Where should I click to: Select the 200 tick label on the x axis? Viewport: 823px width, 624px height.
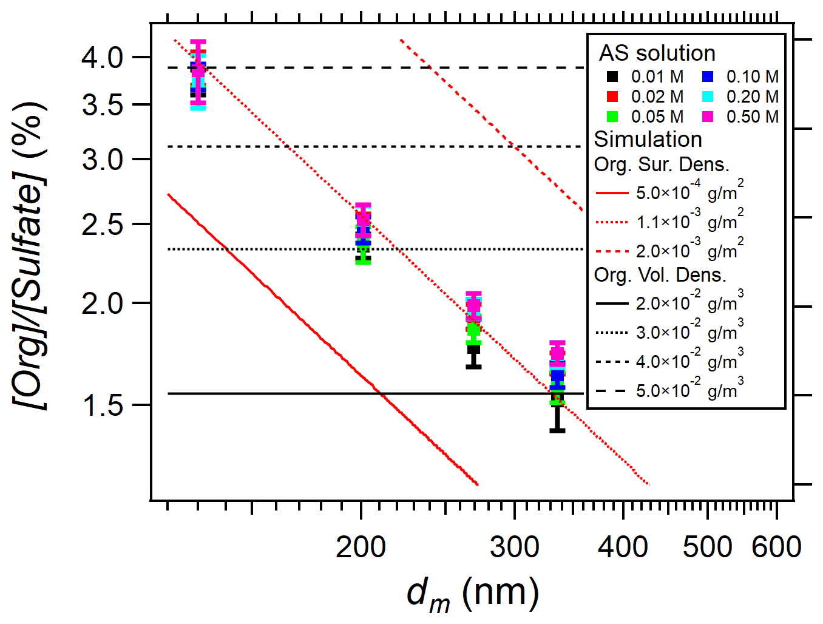(x=361, y=548)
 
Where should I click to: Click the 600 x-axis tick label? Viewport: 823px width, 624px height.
(x=776, y=548)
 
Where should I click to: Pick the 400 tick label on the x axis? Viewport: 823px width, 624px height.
(x=623, y=548)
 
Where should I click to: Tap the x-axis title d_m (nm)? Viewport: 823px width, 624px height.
(x=472, y=593)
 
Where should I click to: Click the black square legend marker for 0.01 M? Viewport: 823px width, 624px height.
(x=612, y=77)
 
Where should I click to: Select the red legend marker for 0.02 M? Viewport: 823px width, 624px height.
(x=612, y=97)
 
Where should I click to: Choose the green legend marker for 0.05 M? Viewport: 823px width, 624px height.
(x=612, y=117)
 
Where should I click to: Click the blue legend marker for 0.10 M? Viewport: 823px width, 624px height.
(x=708, y=77)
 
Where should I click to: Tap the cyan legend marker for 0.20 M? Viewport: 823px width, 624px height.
(x=708, y=97)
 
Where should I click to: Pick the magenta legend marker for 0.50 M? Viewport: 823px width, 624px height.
(x=708, y=117)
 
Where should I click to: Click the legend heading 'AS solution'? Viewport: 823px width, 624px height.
(x=657, y=53)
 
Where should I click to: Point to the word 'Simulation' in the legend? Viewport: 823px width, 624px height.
(x=648, y=140)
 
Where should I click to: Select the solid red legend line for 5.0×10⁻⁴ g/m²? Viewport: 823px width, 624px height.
(x=612, y=194)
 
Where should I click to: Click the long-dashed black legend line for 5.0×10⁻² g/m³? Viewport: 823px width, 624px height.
(x=612, y=391)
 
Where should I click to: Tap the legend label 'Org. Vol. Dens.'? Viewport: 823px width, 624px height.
(x=660, y=275)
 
